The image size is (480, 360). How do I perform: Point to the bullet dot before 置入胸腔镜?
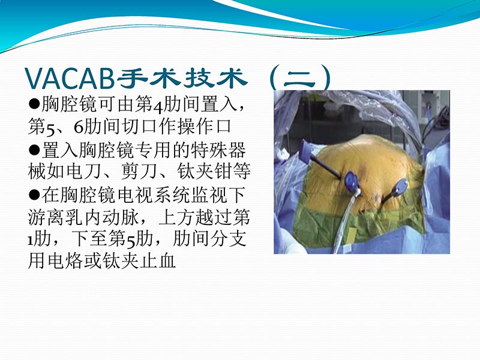(34, 149)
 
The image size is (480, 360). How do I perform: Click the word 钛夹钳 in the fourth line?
(215, 172)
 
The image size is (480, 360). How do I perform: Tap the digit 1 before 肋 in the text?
(31, 238)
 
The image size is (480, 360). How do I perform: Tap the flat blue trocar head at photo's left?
(304, 150)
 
